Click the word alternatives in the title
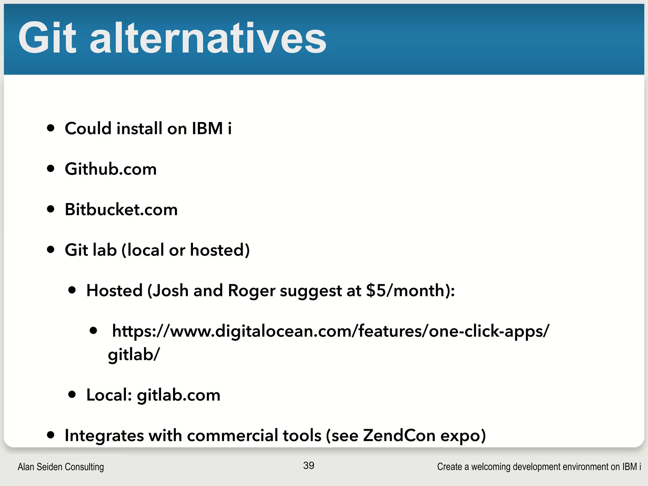click(208, 39)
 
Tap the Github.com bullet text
click(111, 169)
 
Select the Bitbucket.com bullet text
click(121, 209)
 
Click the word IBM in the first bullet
click(207, 128)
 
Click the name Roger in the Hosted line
click(252, 290)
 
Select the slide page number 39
click(308, 465)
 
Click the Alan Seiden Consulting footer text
click(61, 467)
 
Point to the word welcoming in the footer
click(491, 467)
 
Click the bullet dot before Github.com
click(51, 168)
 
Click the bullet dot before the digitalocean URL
click(93, 331)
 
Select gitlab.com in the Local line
click(178, 395)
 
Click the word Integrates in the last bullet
click(104, 436)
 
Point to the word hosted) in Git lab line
click(220, 250)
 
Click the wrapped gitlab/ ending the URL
click(134, 355)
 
